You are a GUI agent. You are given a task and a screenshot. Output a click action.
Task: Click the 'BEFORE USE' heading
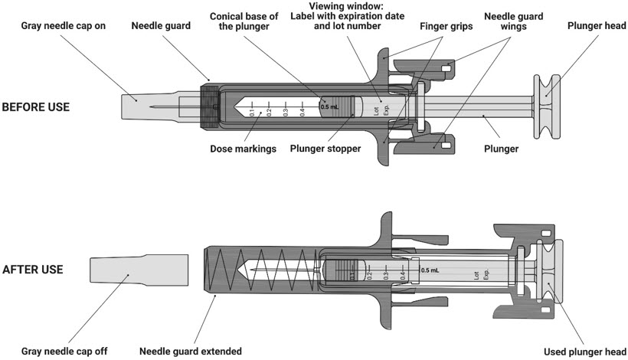[x=36, y=107]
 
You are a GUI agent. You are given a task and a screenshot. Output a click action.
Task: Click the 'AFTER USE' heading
[x=32, y=270]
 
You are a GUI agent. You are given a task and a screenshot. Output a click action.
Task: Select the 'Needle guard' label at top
[x=162, y=25]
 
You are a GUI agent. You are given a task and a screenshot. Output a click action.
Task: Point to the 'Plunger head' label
[x=593, y=25]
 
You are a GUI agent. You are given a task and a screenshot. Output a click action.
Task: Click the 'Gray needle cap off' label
[x=64, y=352]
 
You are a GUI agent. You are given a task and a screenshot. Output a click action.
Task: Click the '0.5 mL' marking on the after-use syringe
[x=430, y=270]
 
